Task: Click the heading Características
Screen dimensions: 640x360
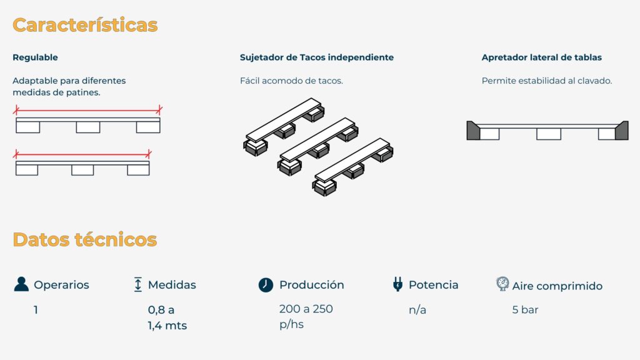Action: pos(85,25)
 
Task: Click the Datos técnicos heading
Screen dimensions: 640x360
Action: pos(84,239)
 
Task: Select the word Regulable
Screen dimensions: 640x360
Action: pos(35,57)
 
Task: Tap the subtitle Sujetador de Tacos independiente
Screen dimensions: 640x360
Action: pos(317,57)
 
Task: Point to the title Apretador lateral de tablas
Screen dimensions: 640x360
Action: pos(542,57)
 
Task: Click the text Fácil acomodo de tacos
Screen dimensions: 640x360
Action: pos(291,81)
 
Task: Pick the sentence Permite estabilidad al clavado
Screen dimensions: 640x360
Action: pos(546,81)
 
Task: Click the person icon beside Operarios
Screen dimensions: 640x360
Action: pos(21,284)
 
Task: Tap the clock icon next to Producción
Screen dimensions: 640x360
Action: pos(266,284)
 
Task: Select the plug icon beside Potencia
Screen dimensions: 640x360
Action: pos(397,284)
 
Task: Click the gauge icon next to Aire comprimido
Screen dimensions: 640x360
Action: pos(502,284)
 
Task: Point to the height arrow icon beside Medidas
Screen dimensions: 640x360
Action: pos(138,284)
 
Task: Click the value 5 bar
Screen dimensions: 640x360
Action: pos(525,310)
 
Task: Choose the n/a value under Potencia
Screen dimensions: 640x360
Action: pos(417,310)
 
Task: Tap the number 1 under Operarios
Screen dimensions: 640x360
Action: pos(36,310)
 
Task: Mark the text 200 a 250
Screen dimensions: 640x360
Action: pos(306,309)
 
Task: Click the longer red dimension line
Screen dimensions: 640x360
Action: pos(87,110)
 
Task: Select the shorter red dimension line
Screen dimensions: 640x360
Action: pos(82,155)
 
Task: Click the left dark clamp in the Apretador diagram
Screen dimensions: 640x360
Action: pos(474,131)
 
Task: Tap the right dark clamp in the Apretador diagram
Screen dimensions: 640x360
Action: pos(622,131)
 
